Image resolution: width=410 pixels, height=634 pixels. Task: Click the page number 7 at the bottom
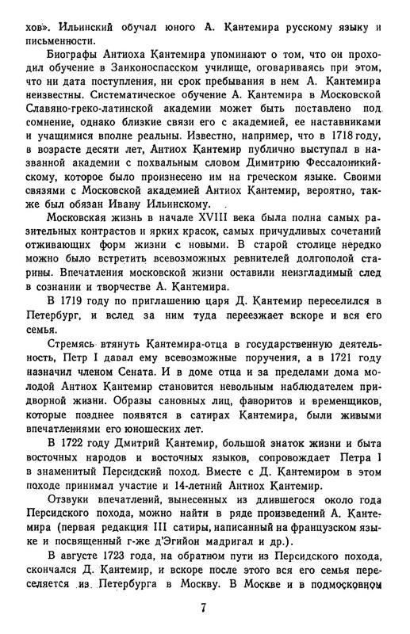pyautogui.click(x=205, y=615)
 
